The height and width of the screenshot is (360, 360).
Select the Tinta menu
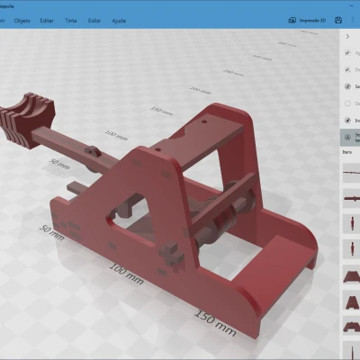click(x=94, y=19)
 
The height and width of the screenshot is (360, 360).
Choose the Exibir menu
click(x=121, y=19)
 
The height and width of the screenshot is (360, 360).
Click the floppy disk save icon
click(x=337, y=19)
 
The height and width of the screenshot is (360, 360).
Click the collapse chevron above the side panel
click(x=347, y=38)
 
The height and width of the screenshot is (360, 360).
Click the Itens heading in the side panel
click(x=347, y=152)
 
